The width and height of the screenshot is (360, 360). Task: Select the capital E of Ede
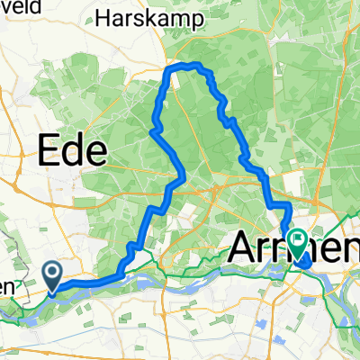coord(47,149)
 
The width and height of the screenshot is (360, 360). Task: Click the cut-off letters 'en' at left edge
coord(7,286)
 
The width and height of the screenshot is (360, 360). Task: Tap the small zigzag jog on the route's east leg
coord(226,120)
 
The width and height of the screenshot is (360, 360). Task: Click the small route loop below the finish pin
coord(304,261)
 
